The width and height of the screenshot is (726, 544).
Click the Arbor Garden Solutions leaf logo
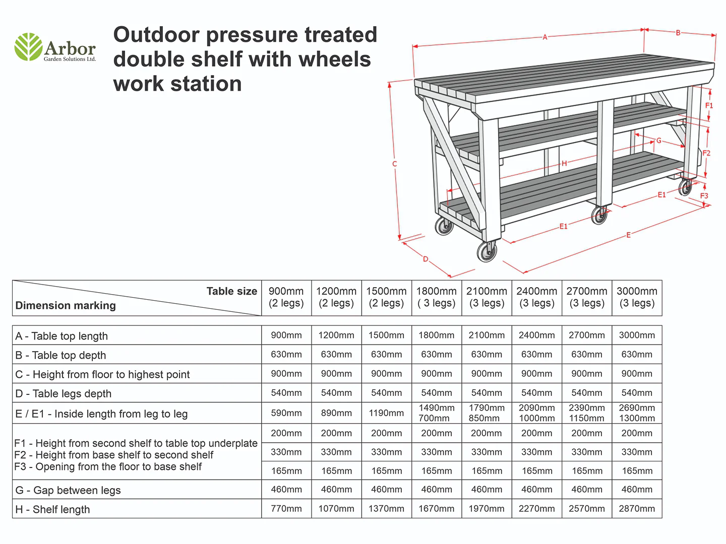point(28,47)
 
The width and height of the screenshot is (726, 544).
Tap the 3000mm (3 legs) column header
point(637,297)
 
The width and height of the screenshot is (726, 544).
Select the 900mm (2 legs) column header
point(286,297)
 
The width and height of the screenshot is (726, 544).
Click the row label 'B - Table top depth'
point(60,355)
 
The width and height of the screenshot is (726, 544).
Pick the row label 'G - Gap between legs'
point(68,490)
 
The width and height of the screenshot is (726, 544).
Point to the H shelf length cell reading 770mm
point(286,509)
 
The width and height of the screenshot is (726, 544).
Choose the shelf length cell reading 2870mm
point(637,509)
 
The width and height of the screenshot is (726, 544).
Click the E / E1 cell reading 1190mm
point(386,413)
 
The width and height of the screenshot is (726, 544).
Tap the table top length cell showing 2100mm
point(487,335)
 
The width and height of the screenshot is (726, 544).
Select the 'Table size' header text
point(231,291)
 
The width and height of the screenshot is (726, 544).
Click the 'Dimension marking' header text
point(66,306)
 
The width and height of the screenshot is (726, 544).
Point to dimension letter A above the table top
point(544,37)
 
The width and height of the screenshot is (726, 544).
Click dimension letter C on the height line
point(395,164)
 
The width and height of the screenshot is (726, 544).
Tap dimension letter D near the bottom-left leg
point(426,259)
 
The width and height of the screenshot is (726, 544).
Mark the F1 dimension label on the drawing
point(709,106)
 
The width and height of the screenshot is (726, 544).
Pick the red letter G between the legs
point(658,141)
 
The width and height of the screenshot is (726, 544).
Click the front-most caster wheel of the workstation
point(487,251)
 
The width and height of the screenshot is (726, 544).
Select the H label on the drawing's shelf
point(564,163)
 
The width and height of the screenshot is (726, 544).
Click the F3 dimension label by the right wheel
point(704,196)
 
